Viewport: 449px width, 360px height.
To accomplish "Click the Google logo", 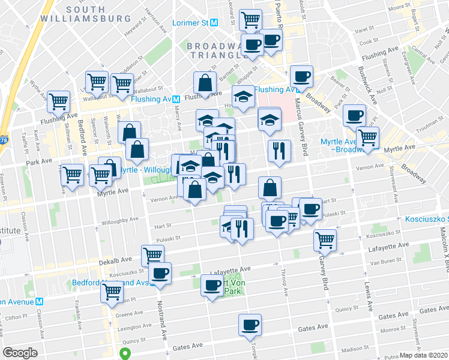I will pos(20,353).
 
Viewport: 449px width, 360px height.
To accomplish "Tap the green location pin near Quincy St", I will pos(125,354).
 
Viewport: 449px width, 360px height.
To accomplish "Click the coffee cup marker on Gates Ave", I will pos(250,325).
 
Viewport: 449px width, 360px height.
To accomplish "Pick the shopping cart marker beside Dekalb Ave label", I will pos(152,255).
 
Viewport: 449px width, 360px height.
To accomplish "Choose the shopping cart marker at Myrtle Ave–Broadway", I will pos(367,137).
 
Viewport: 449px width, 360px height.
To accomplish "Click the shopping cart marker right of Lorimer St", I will pos(250,19).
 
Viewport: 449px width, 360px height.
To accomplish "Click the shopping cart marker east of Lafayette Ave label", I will pos(325,240).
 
